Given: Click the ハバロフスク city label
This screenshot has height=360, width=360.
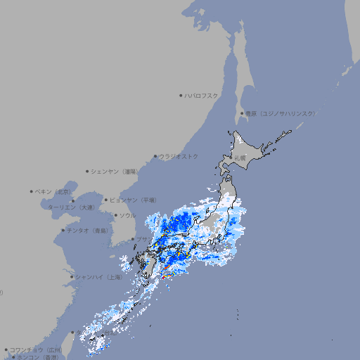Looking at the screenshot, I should coord(202,96).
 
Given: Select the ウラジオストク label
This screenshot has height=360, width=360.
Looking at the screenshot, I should coord(179,157).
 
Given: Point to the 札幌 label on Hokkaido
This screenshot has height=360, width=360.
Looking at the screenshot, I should coord(240,158).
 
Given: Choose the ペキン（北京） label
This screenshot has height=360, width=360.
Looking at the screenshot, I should coord(54,191).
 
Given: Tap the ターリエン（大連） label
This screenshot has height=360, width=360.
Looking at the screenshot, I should coord(70,207).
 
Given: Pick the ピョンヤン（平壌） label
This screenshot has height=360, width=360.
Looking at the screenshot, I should coord(133,200).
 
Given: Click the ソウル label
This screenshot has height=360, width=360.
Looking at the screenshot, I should coord(127,215).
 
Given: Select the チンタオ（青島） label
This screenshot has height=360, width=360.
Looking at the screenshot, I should coord(88,230).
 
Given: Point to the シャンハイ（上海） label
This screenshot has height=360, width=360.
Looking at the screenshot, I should coord(98,277).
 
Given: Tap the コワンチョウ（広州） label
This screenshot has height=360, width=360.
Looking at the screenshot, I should coord(36,349).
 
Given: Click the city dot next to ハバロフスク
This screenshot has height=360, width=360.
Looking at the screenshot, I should coord(181,96).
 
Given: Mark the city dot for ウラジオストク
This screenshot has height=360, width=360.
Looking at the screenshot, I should coord(155,157).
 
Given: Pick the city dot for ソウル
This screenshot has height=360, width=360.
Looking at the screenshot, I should coord(115,215).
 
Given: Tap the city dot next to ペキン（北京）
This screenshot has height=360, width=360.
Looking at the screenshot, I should coord(32,191).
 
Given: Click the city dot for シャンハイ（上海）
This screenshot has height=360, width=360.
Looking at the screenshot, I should coord(72,277).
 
